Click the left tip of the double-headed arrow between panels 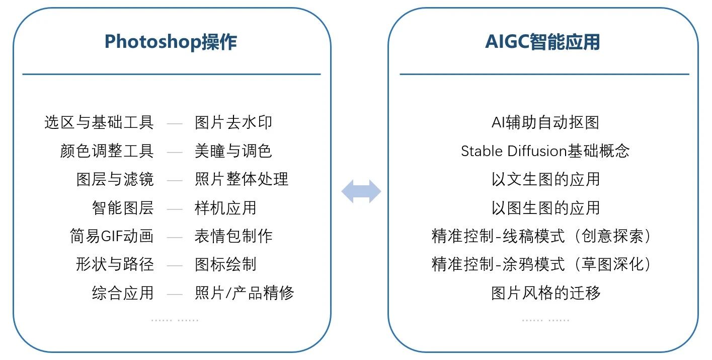[341, 191]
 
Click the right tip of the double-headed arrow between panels [381, 191]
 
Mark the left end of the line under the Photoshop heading [23, 74]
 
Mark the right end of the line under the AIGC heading [689, 74]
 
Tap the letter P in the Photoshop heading [110, 42]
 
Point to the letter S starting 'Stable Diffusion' [465, 151]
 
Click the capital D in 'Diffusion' [513, 151]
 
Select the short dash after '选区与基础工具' [175, 123]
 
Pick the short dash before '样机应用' [175, 209]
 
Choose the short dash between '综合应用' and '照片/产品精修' [175, 294]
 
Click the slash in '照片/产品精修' [228, 293]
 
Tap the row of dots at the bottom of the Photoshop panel [175, 320]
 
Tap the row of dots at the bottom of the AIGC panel [545, 320]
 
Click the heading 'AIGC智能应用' [542, 42]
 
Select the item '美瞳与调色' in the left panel [233, 151]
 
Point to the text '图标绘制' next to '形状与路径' [225, 264]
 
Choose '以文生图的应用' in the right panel [545, 179]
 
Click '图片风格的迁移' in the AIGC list [545, 293]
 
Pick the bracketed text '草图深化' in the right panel [613, 264]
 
